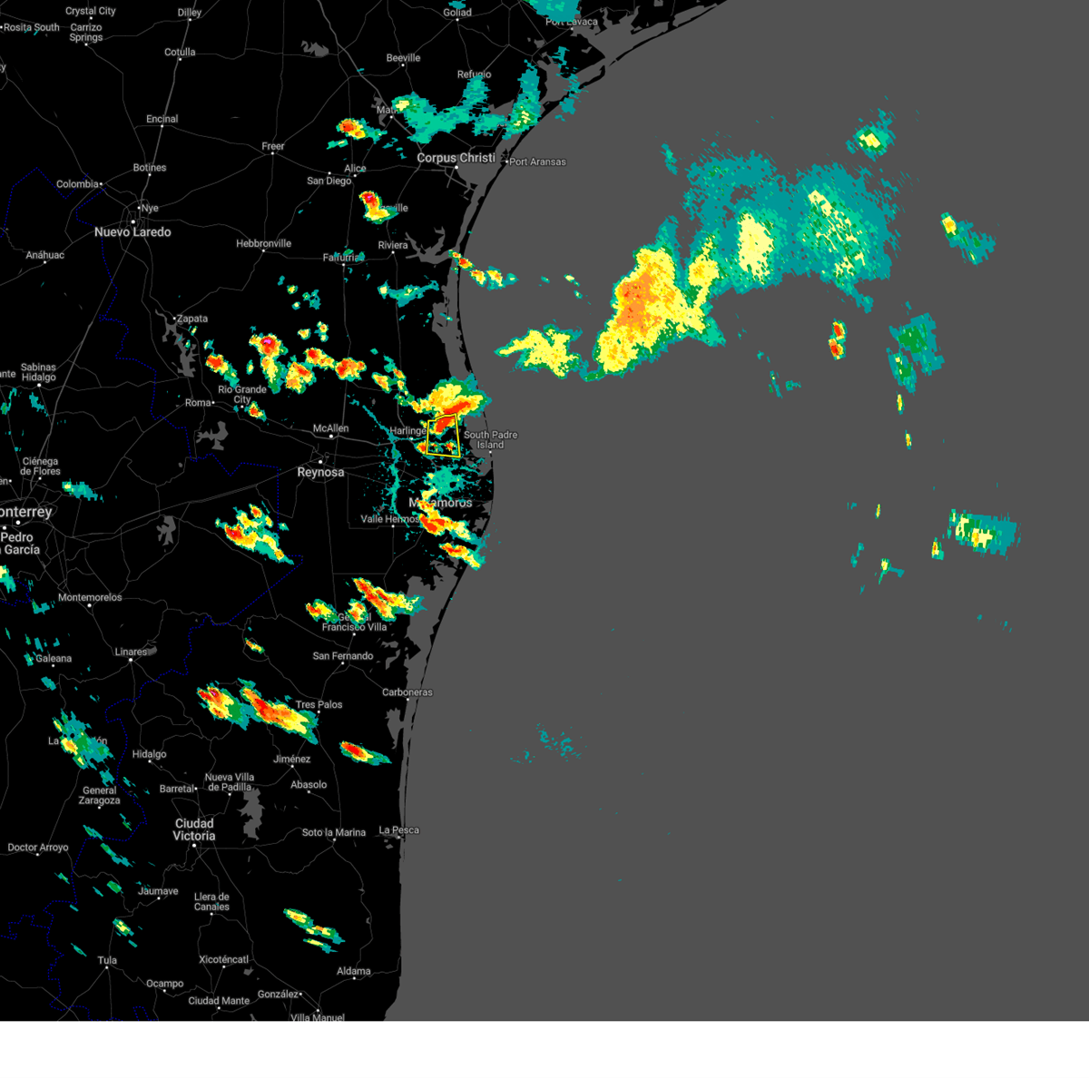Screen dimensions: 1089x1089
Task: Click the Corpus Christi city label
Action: pyautogui.click(x=456, y=158)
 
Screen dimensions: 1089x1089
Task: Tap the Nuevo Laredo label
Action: pyautogui.click(x=132, y=232)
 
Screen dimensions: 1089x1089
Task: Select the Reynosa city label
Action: pyautogui.click(x=320, y=472)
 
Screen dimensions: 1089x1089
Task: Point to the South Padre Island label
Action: pyautogui.click(x=490, y=440)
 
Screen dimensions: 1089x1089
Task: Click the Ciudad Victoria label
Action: pyautogui.click(x=194, y=829)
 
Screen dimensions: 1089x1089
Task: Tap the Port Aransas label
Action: pyautogui.click(x=538, y=162)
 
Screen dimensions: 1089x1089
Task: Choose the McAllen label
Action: pyautogui.click(x=330, y=428)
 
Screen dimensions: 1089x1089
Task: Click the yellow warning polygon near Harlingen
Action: pyautogui.click(x=443, y=436)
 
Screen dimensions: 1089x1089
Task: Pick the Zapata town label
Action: pyautogui.click(x=191, y=319)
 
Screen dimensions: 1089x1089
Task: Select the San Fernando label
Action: pyautogui.click(x=342, y=656)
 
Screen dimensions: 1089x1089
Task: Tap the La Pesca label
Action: pyautogui.click(x=398, y=829)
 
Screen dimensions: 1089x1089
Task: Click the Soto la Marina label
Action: pyautogui.click(x=333, y=832)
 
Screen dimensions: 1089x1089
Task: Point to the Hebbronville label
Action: pyautogui.click(x=263, y=243)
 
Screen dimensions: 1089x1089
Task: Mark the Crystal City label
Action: pyautogui.click(x=91, y=11)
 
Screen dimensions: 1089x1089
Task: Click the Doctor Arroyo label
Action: pyautogui.click(x=37, y=848)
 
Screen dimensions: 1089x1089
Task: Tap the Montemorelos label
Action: pyautogui.click(x=89, y=597)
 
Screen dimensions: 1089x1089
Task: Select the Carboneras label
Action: pyautogui.click(x=407, y=692)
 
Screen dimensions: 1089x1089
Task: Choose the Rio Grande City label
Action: pyautogui.click(x=241, y=394)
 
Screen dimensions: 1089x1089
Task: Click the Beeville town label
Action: pyautogui.click(x=403, y=58)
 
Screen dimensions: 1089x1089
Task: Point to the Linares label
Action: pyautogui.click(x=131, y=652)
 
